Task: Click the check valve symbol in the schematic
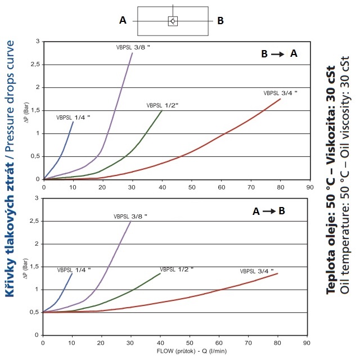click(173, 21)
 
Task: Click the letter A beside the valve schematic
click(123, 20)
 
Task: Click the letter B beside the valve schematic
click(220, 20)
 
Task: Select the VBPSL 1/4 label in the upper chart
click(73, 118)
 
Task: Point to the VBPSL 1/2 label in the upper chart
click(163, 105)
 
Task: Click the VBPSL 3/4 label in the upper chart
click(280, 93)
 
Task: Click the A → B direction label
click(269, 211)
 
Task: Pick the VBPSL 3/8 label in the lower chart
click(132, 215)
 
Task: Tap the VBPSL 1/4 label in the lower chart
click(73, 271)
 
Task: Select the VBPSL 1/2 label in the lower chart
click(177, 269)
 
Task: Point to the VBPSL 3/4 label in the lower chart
click(256, 271)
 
